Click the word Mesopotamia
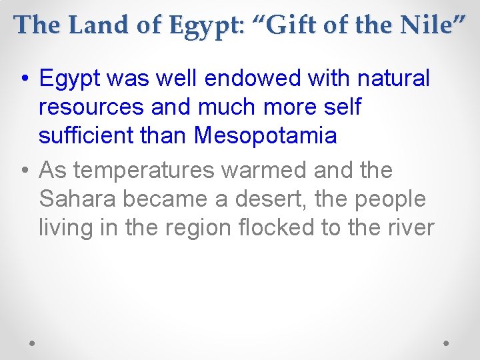265,136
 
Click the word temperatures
143,171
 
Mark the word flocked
278,227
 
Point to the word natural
394,79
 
